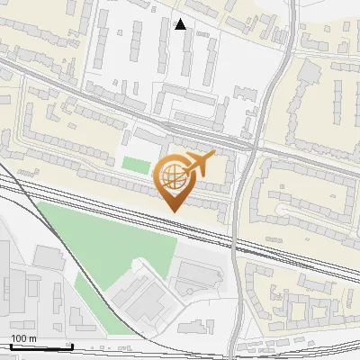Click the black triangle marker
click(x=181, y=24)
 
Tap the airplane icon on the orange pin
click(x=197, y=163)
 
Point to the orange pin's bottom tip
click(x=173, y=211)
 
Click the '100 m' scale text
click(x=23, y=338)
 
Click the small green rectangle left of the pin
click(x=135, y=166)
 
